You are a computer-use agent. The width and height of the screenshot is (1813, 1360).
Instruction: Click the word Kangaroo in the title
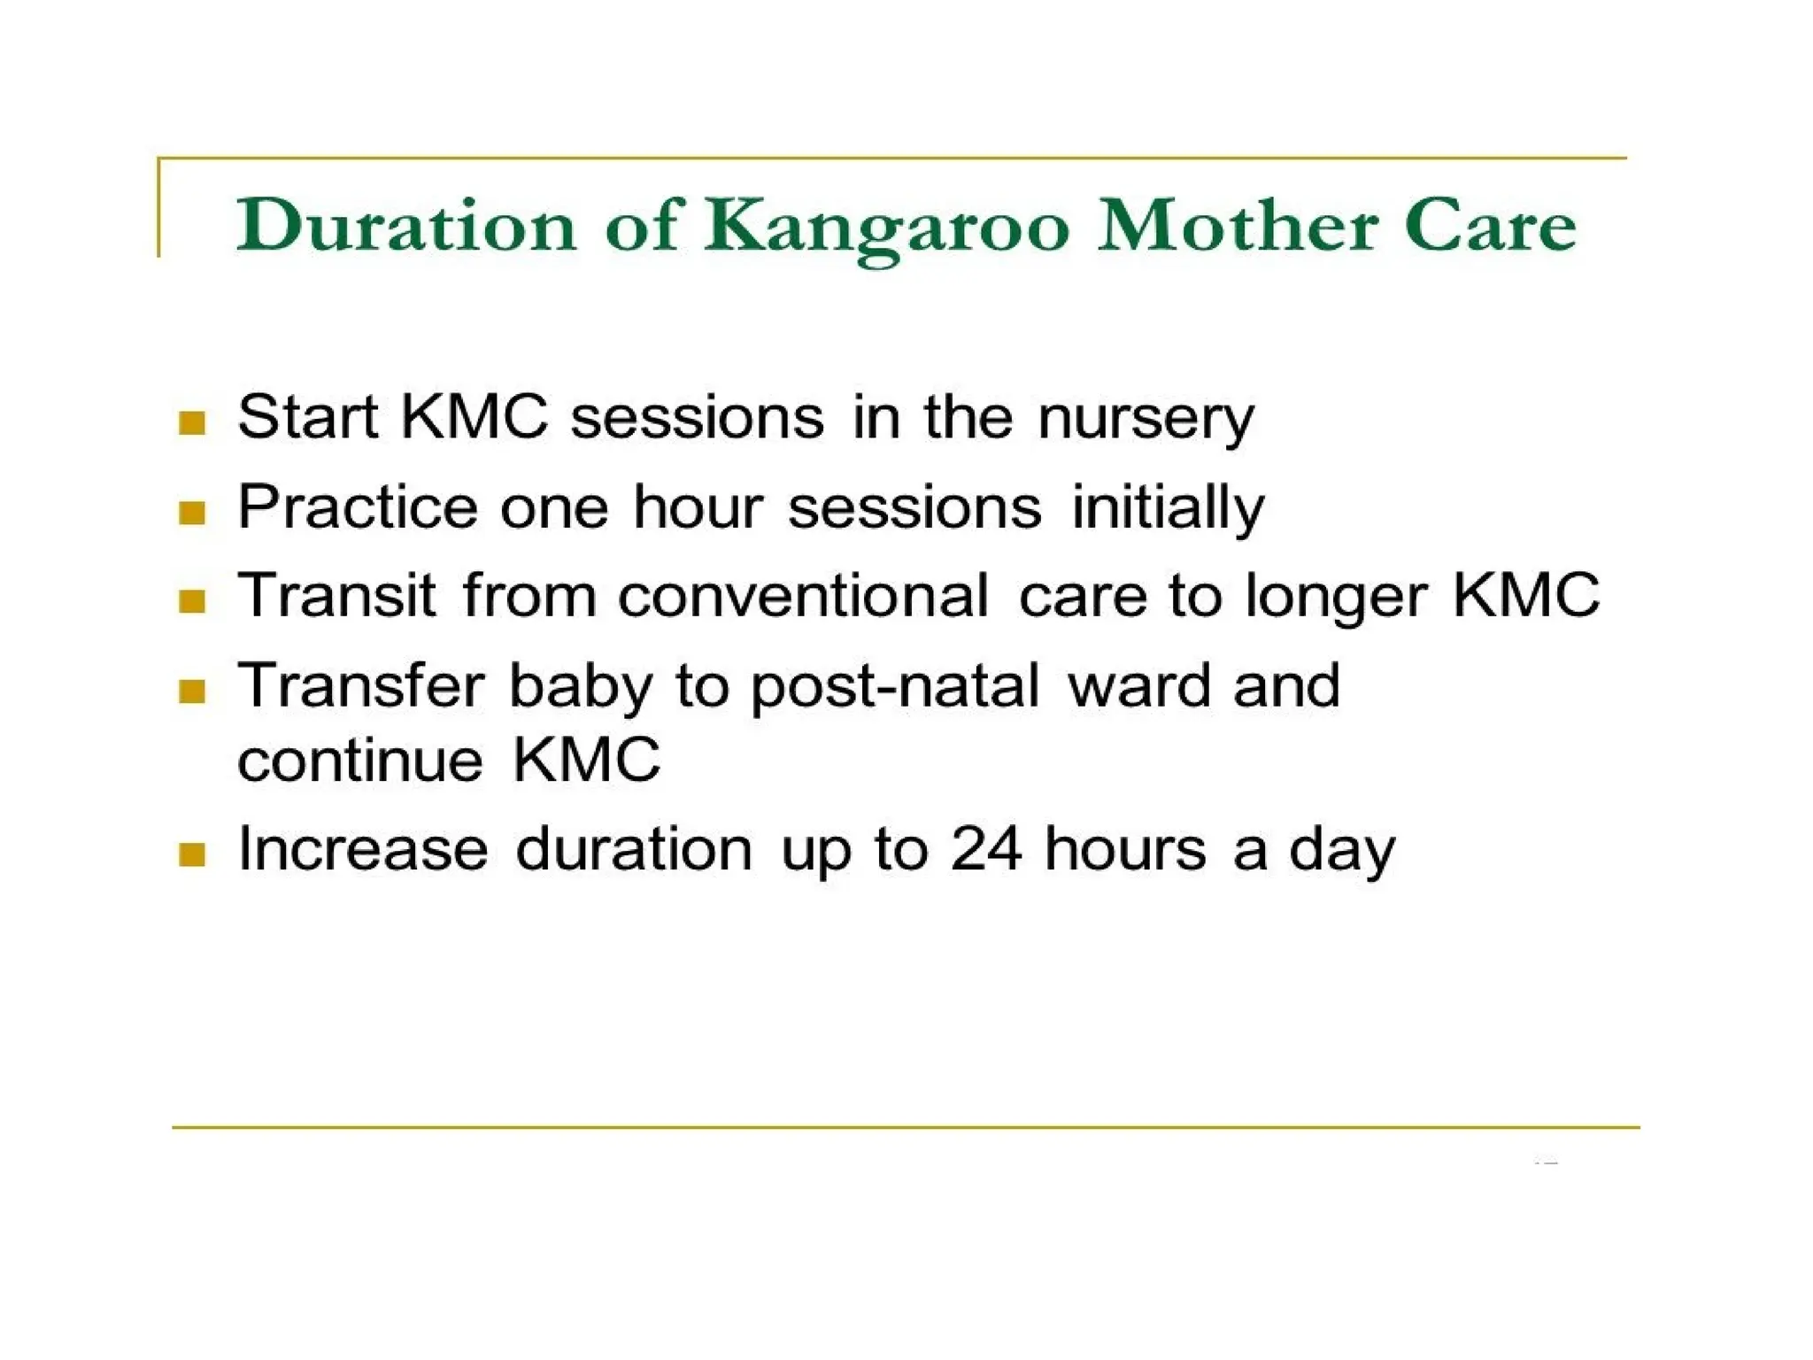click(887, 227)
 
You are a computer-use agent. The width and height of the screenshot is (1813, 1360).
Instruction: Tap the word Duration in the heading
click(406, 225)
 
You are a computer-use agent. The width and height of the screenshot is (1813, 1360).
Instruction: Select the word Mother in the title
click(1236, 225)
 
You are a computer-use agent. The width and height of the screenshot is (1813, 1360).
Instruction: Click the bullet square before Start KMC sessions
click(192, 422)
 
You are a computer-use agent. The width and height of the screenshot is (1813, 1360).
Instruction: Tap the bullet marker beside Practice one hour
click(192, 512)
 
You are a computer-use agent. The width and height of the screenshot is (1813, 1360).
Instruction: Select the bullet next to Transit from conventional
click(192, 601)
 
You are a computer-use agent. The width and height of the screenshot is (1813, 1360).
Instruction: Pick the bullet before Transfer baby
click(192, 691)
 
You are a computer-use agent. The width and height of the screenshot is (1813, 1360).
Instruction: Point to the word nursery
click(1146, 418)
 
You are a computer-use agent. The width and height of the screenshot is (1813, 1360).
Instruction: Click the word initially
click(1168, 508)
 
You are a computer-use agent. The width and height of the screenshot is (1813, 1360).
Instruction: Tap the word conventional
click(803, 595)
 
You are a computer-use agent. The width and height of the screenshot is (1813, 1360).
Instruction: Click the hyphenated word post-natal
click(895, 687)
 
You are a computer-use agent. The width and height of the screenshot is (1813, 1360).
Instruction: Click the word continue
click(360, 760)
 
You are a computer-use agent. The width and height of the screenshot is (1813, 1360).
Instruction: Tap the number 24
click(986, 848)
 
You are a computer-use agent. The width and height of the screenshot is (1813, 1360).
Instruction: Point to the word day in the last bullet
click(1341, 850)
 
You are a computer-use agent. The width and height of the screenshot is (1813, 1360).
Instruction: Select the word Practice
click(358, 507)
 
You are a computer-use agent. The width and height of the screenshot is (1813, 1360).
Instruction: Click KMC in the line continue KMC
click(586, 760)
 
